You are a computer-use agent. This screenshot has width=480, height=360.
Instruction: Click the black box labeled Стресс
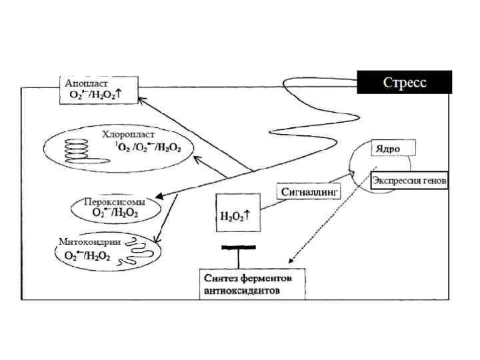coord(405,83)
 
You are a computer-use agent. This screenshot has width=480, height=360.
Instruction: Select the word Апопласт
coord(87,84)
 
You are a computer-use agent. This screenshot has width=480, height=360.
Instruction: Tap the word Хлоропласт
coord(129,135)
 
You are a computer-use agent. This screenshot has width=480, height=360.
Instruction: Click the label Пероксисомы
coord(115,201)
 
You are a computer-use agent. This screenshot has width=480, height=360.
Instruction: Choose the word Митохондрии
coord(89,242)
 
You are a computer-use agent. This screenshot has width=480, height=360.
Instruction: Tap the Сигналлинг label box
coord(309,191)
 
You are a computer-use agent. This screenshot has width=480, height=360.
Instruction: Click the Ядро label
coord(387,149)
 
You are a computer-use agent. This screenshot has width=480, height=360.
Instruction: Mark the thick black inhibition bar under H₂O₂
coord(238,247)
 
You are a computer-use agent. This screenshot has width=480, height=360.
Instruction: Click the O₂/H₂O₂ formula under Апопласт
coord(100,95)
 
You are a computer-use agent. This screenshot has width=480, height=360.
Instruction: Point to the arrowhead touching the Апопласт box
coord(141,97)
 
